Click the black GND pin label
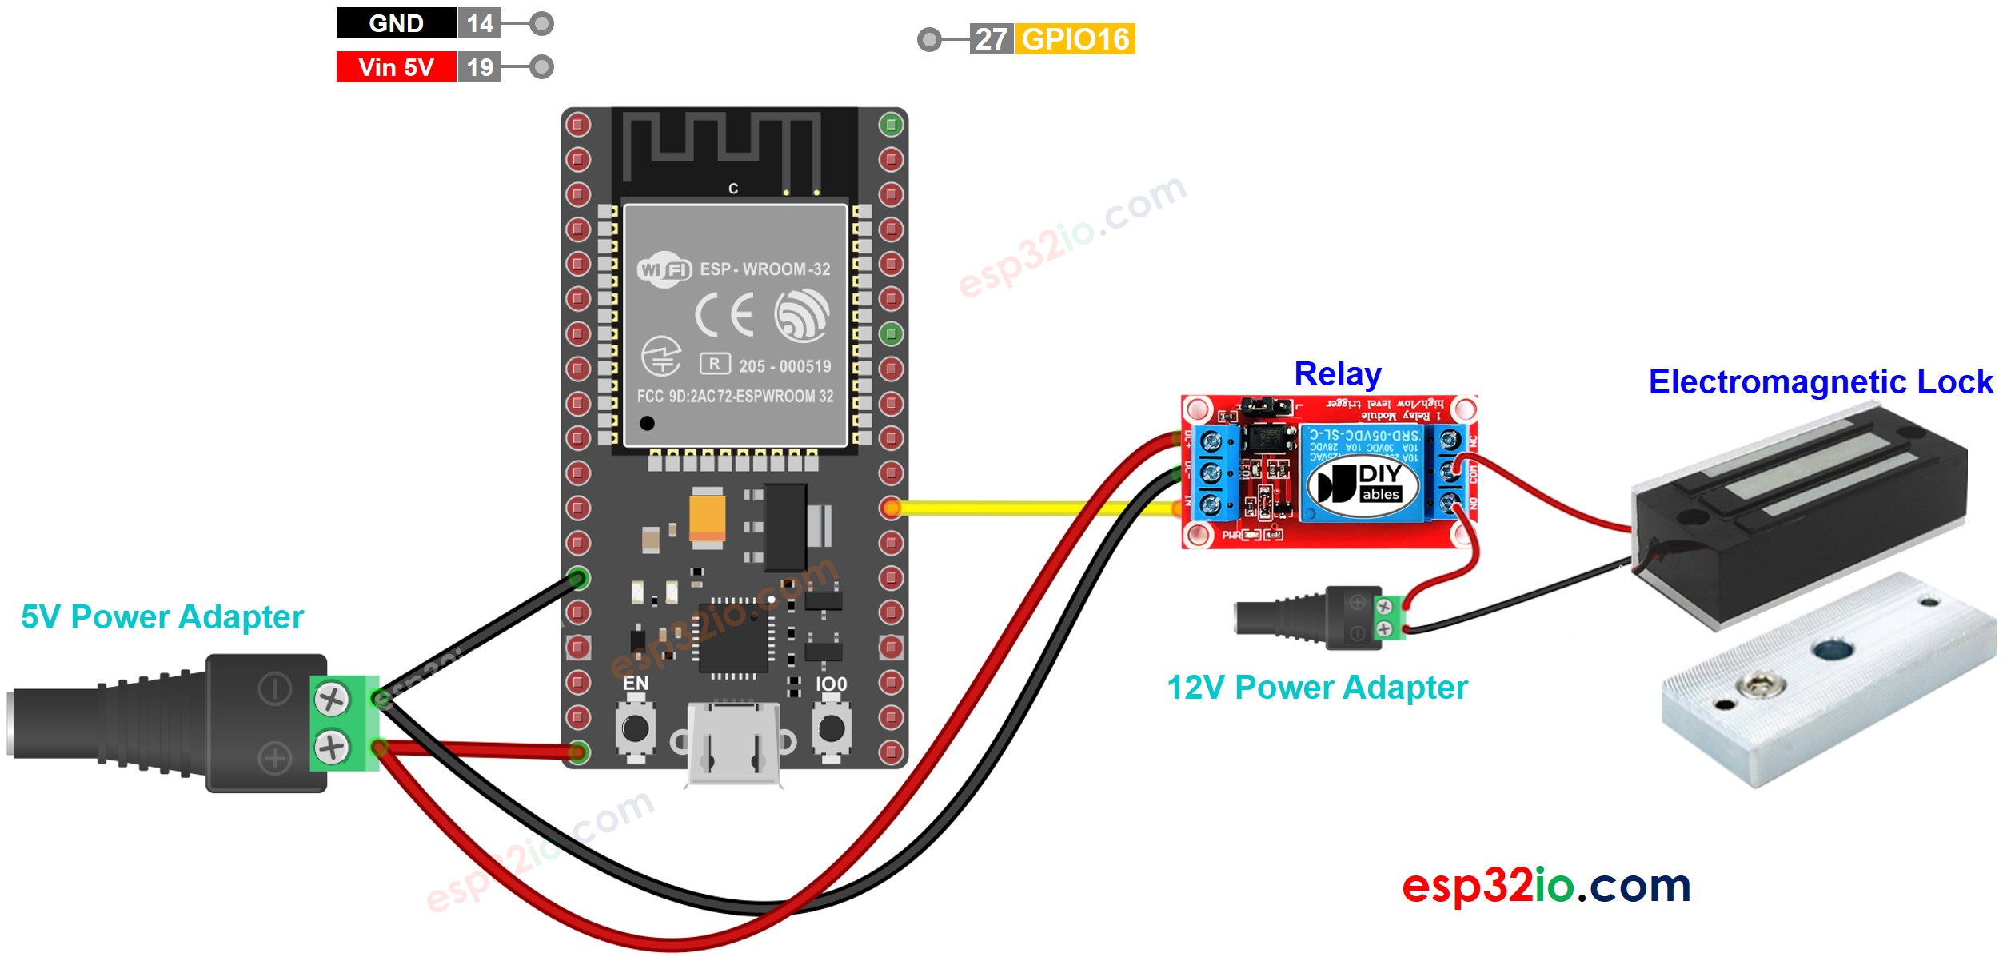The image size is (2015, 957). pos(396,23)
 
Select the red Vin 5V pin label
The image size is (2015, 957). pos(396,67)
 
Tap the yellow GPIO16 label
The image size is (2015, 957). pos(1075,39)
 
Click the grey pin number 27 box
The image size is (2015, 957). pos(992,39)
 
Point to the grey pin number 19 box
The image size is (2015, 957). pos(480,67)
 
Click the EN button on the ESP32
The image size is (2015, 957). pos(636,728)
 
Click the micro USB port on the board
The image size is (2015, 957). pos(733,744)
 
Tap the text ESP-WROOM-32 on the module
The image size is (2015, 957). pos(764,269)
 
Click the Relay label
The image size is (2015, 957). pos(1337,374)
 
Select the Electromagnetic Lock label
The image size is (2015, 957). pos(1820,382)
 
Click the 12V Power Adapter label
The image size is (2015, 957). pos(1317,688)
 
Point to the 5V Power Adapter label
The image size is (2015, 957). pos(162,617)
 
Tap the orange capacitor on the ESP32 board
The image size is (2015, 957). pos(707,518)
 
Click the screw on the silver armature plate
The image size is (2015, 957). pos(1759,684)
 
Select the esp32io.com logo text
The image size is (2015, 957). pos(1546,886)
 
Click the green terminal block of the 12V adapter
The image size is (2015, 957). pos(1390,618)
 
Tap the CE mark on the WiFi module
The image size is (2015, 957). pos(724,315)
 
